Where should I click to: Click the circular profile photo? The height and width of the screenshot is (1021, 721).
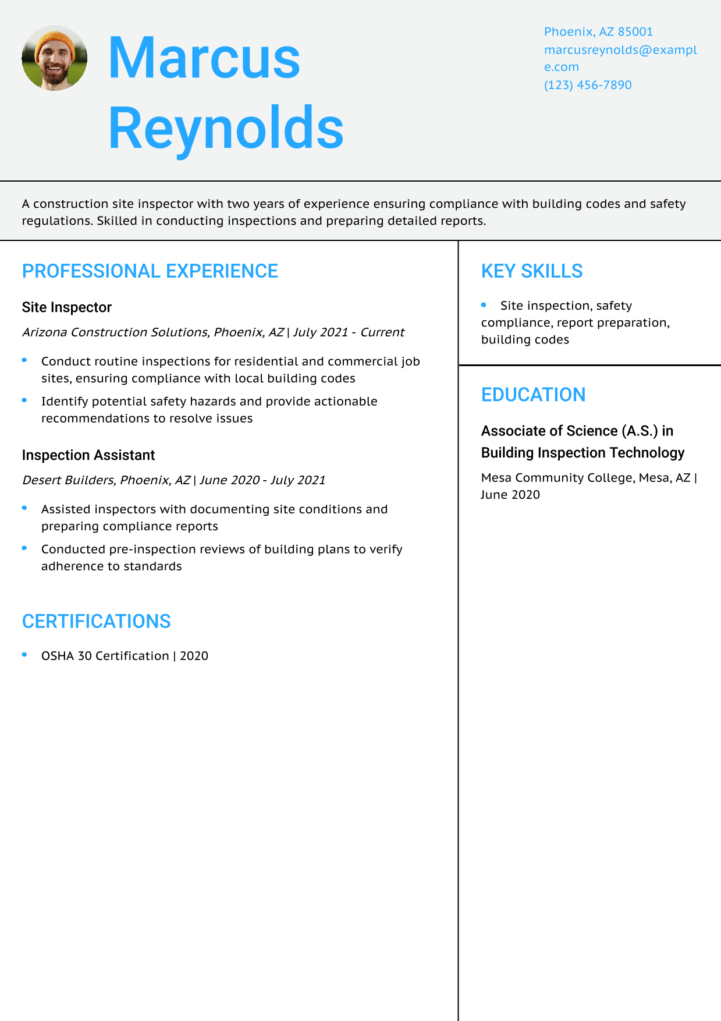(55, 58)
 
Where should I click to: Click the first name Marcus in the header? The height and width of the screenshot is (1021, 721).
(204, 58)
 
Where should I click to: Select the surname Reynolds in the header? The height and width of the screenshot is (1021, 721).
(226, 127)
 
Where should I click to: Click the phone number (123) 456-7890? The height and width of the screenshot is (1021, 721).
(588, 85)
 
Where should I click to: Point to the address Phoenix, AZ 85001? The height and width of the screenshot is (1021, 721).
(598, 31)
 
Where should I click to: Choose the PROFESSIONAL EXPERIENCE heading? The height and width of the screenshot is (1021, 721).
(150, 271)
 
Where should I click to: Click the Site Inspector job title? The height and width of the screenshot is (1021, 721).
(67, 307)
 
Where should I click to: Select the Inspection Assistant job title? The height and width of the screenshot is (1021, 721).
(88, 455)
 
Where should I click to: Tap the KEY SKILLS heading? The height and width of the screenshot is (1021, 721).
(532, 271)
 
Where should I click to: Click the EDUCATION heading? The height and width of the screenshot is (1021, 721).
(533, 395)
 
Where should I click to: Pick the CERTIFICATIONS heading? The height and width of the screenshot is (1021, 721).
(97, 622)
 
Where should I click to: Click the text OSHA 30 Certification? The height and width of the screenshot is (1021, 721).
(105, 656)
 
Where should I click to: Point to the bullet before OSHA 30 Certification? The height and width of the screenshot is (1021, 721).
(24, 655)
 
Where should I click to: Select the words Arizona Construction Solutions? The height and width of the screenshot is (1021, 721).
(115, 332)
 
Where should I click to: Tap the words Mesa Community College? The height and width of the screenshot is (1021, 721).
(557, 478)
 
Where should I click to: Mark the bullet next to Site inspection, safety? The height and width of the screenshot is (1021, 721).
(484, 304)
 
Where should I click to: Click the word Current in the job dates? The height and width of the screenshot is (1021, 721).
(382, 332)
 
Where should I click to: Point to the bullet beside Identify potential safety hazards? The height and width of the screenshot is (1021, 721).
(24, 400)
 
